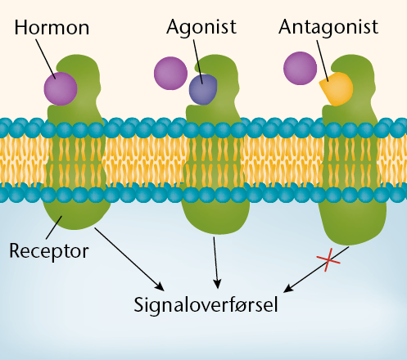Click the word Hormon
point(52,28)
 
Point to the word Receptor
point(49,251)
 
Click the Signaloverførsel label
point(206,305)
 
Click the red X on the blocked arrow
point(328,260)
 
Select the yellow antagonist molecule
point(337,88)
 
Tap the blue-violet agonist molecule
point(203,89)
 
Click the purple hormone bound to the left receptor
point(61,88)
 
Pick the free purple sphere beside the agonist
point(170,73)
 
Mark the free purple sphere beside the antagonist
point(300,68)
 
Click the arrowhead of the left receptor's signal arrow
point(160,286)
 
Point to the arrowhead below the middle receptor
point(217,284)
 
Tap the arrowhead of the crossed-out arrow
point(287,289)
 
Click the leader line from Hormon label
point(46,59)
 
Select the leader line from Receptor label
point(54,227)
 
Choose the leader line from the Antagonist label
point(323,61)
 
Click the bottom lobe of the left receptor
point(76,215)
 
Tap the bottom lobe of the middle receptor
point(215,218)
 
